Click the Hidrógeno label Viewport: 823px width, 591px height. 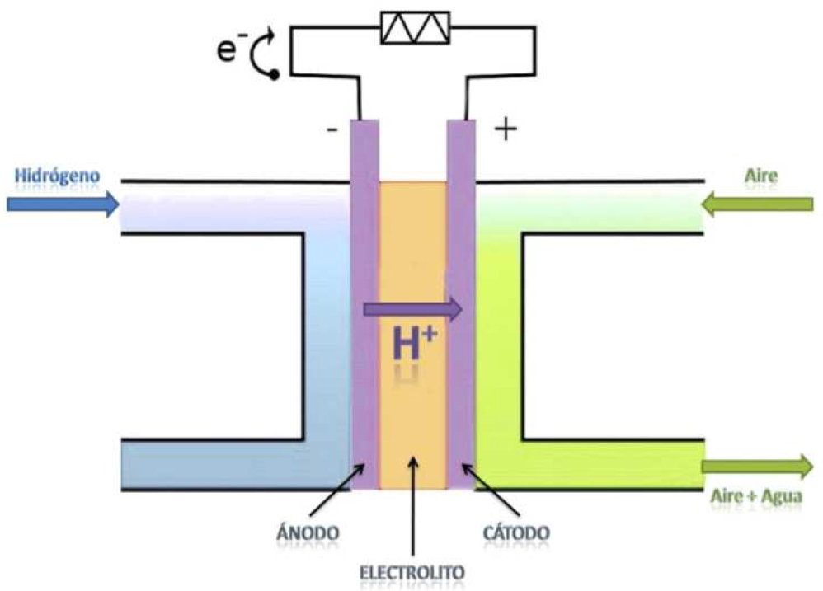click(57, 176)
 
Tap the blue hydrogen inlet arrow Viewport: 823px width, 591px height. click(63, 204)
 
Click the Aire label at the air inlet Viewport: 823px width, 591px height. click(761, 176)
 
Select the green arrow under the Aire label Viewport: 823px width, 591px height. click(757, 204)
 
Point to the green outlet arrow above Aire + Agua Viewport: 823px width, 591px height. click(757, 467)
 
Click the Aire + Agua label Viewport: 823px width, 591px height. click(756, 495)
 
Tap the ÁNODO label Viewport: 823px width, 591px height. click(308, 532)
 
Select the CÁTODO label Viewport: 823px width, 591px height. click(516, 532)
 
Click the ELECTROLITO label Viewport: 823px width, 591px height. click(412, 572)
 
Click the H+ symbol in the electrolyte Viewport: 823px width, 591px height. click(414, 344)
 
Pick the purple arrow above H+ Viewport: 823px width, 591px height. click(412, 309)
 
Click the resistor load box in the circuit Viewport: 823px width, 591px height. click(415, 28)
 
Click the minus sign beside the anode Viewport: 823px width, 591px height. click(332, 129)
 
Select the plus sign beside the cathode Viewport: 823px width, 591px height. click(506, 129)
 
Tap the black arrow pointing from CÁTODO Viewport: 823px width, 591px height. click(491, 490)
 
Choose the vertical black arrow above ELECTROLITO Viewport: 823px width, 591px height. click(413, 506)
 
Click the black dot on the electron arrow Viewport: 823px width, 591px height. click(274, 75)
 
